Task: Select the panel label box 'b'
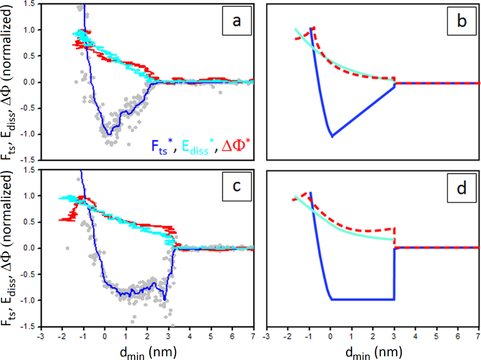457,22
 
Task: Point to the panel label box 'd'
457,189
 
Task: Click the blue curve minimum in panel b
332,136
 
